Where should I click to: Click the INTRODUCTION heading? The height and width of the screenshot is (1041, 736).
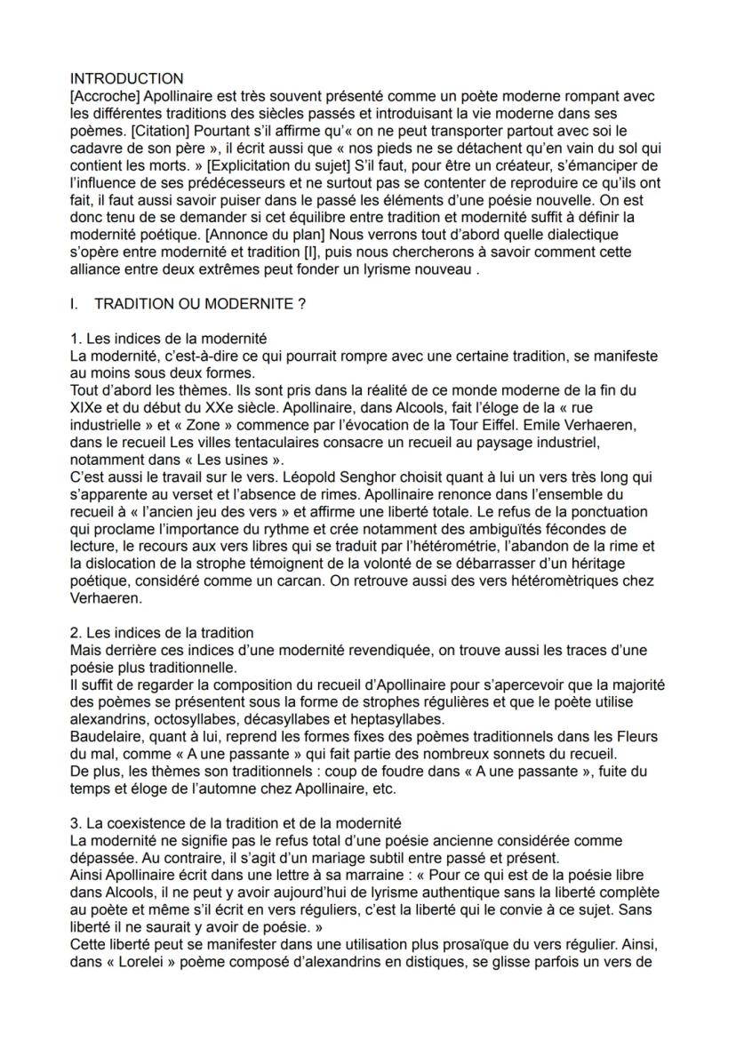point(126,79)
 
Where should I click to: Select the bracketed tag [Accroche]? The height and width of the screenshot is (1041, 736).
point(104,95)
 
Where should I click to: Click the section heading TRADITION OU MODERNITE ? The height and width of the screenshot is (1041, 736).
point(200,304)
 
